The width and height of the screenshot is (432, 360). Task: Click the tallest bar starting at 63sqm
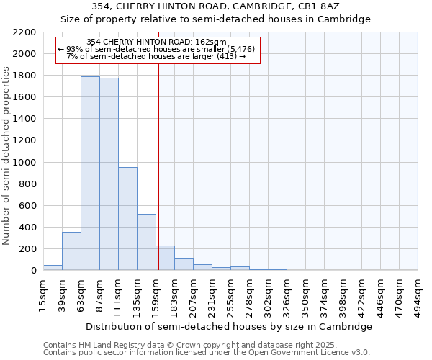tap(90, 173)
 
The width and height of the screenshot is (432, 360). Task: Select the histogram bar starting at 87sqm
tap(109, 174)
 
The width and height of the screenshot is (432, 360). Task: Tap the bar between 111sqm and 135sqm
tap(127, 218)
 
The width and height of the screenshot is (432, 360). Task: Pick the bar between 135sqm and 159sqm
tap(146, 242)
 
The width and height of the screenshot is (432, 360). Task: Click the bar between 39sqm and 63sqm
tap(71, 251)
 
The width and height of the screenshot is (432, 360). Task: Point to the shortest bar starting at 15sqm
tap(53, 267)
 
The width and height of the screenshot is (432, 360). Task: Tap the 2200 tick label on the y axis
tap(24, 32)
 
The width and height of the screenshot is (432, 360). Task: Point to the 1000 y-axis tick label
tap(24, 163)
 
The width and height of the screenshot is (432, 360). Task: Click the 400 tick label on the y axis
tap(27, 228)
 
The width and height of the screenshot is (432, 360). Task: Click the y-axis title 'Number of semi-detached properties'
tap(6, 156)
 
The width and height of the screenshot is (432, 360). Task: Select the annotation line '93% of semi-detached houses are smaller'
tap(156, 49)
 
